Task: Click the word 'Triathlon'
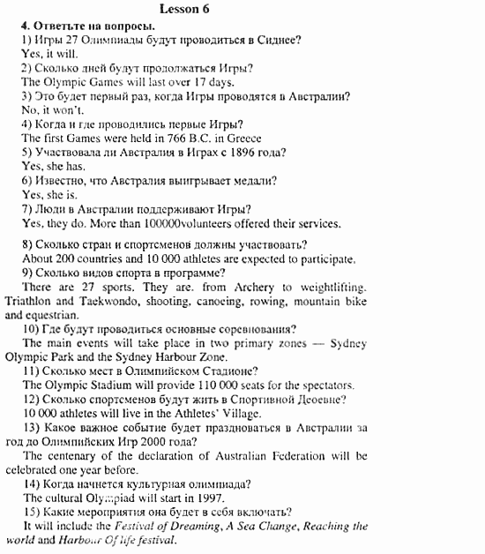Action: click(x=28, y=302)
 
